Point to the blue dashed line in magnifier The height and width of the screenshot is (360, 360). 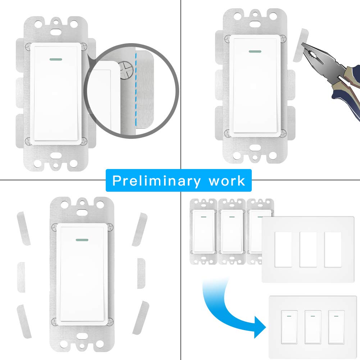136,90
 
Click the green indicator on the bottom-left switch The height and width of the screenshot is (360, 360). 83,239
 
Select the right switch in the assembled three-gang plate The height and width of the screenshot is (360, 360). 336,326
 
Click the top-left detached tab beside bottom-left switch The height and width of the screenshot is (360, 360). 23,229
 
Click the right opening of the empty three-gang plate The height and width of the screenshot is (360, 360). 333,249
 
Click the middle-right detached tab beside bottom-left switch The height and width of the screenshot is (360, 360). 141,273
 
